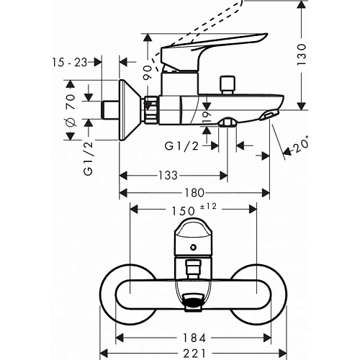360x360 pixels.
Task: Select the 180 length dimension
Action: (x=194, y=193)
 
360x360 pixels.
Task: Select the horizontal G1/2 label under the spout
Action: (x=181, y=146)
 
